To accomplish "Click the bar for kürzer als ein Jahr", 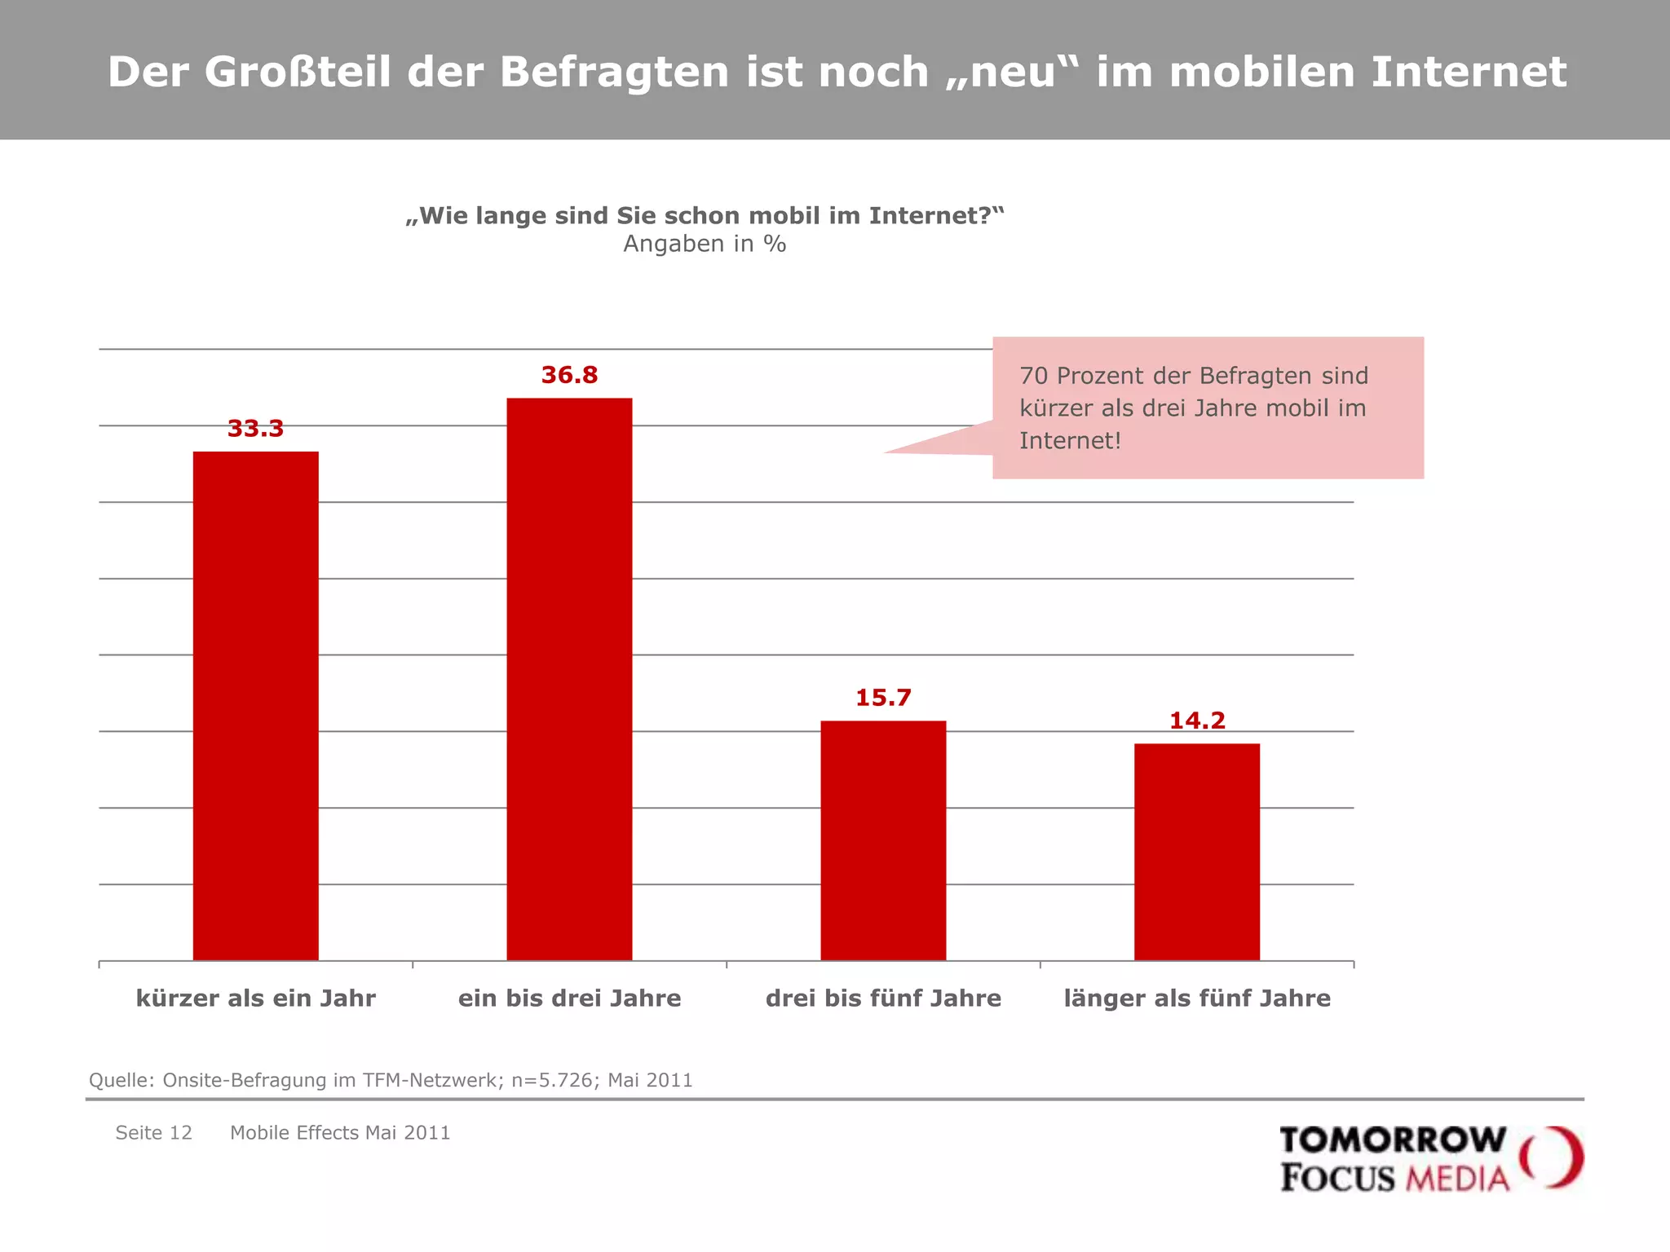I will pyautogui.click(x=255, y=705).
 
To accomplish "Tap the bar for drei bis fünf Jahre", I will pyautogui.click(x=883, y=840).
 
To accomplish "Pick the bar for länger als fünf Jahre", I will pyautogui.click(x=1196, y=851).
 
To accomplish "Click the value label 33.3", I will pyautogui.click(x=255, y=429).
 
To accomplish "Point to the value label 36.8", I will pyautogui.click(x=569, y=375).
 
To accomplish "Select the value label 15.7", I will pyautogui.click(x=883, y=698).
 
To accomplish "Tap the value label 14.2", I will pyautogui.click(x=1197, y=721).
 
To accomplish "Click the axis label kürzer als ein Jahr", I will pyautogui.click(x=255, y=999).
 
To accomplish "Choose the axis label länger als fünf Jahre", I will pyautogui.click(x=1197, y=999).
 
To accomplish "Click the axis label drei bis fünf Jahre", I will pyautogui.click(x=883, y=999).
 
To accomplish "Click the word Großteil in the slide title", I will pyautogui.click(x=298, y=72).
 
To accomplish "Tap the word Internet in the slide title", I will pyautogui.click(x=1468, y=72).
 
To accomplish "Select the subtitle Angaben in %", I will pyautogui.click(x=705, y=244).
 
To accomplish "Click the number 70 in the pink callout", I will pyautogui.click(x=1033, y=376).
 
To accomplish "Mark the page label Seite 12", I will pyautogui.click(x=153, y=1132).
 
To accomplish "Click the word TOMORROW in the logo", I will pyautogui.click(x=1393, y=1140).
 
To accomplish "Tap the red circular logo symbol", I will pyautogui.click(x=1551, y=1157).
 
